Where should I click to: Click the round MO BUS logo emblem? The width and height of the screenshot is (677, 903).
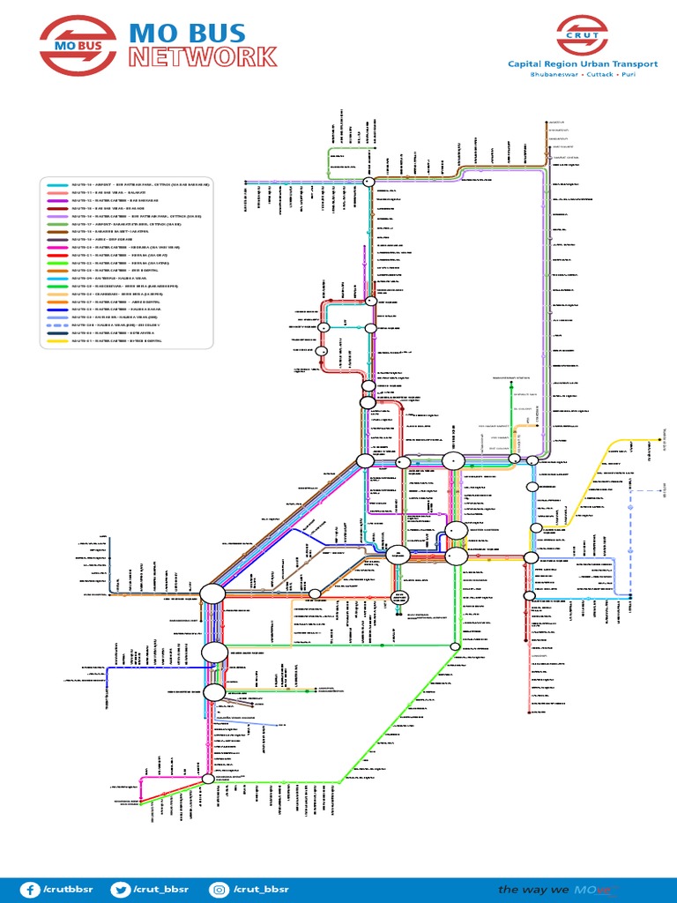pyautogui.click(x=76, y=45)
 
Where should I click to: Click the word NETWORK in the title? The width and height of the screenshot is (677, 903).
pyautogui.click(x=203, y=58)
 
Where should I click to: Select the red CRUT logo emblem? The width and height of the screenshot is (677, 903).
pyautogui.click(x=581, y=35)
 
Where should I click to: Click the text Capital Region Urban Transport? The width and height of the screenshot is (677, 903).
pyautogui.click(x=582, y=63)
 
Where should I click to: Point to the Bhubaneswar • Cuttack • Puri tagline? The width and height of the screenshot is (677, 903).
pyautogui.click(x=582, y=75)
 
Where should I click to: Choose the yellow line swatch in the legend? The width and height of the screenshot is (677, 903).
pyautogui.click(x=57, y=341)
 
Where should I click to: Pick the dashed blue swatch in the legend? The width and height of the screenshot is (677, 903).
pyautogui.click(x=57, y=325)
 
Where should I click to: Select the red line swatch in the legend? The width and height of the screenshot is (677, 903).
pyautogui.click(x=57, y=255)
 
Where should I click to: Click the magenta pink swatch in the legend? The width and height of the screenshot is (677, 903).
pyautogui.click(x=57, y=248)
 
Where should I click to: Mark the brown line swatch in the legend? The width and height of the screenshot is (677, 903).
pyautogui.click(x=57, y=232)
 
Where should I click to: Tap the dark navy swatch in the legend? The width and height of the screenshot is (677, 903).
pyautogui.click(x=57, y=333)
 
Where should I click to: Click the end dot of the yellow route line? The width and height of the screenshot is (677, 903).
pyautogui.click(x=659, y=439)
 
